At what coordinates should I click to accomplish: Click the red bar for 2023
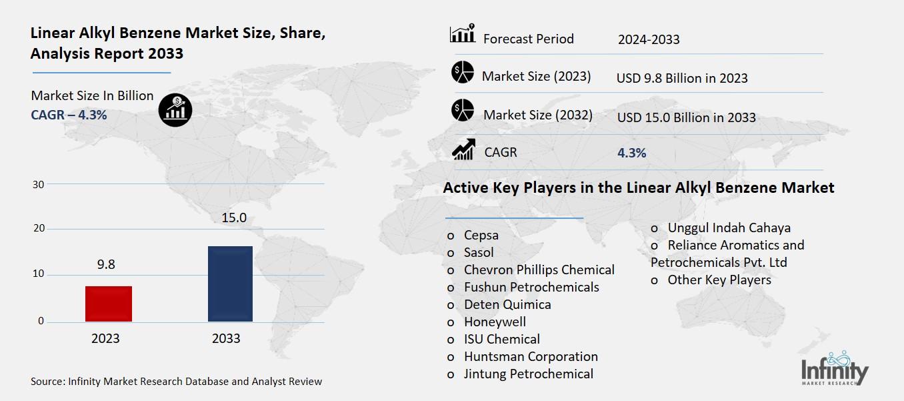point(109,304)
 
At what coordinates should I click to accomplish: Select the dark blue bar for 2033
point(230,284)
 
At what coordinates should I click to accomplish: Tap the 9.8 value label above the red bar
point(106,265)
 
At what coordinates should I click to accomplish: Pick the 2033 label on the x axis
point(226,338)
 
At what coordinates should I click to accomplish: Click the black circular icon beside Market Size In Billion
point(175,108)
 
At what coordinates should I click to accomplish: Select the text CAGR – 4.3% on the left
point(69,115)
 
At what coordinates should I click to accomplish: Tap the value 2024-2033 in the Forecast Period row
point(649,39)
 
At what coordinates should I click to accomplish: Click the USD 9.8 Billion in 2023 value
point(682,78)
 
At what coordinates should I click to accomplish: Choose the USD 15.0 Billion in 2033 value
point(686,117)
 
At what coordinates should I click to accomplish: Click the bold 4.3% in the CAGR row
point(631,153)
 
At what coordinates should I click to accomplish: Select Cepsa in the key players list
point(481,235)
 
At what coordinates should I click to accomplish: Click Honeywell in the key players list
point(495,322)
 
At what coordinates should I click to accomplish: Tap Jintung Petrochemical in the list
point(528,374)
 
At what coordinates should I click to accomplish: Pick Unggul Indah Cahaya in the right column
point(729,228)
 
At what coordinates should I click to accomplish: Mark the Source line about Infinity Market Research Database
point(176,382)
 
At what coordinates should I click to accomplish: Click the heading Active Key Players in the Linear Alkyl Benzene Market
point(638,188)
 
